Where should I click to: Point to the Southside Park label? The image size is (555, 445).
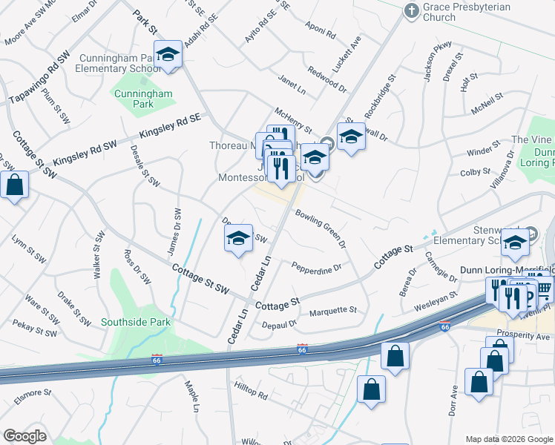pyautogui.click(x=137, y=322)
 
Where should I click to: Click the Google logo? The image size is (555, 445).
pyautogui.click(x=24, y=436)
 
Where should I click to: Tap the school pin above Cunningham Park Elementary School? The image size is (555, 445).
pyautogui.click(x=168, y=54)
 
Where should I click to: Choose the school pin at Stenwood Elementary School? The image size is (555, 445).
pyautogui.click(x=514, y=243)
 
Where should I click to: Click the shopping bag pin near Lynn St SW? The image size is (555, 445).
pyautogui.click(x=15, y=185)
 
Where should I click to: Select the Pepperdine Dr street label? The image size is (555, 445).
pyautogui.click(x=316, y=267)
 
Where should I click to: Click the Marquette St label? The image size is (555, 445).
pyautogui.click(x=333, y=311)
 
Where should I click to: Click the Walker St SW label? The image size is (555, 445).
pyautogui.click(x=98, y=254)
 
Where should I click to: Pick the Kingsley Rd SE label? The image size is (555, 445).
pyautogui.click(x=171, y=128)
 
